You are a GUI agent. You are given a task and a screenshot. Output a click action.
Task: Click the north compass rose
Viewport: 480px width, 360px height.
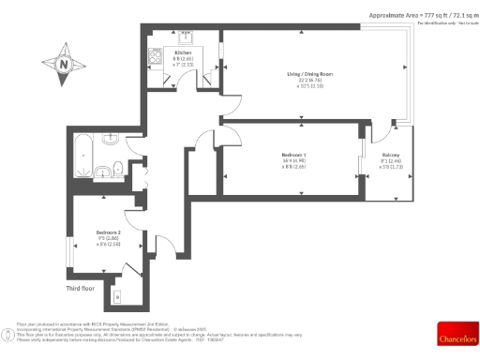(64, 65)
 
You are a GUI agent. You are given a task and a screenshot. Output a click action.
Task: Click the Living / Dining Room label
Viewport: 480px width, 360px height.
(309, 73)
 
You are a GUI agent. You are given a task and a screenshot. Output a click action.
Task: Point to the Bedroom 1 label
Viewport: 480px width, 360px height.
(294, 155)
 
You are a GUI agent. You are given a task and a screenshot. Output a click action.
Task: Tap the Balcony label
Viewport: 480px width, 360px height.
(390, 154)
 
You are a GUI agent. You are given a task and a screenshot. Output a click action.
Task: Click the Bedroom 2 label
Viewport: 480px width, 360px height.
(109, 232)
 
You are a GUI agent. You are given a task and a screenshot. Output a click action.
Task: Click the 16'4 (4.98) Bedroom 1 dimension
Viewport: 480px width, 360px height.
(293, 162)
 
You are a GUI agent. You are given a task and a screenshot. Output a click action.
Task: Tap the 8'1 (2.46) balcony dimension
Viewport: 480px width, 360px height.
(390, 161)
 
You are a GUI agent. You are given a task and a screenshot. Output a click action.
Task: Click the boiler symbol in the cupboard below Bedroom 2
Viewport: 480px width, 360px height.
(117, 297)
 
